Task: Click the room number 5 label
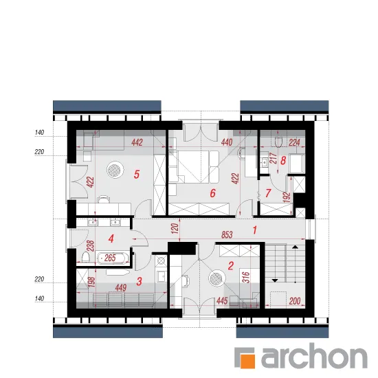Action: pos(137,175)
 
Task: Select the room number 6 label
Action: pos(212,193)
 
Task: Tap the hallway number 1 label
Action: pos(254,230)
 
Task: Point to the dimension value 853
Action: pos(227,234)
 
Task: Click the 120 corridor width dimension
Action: pos(175,228)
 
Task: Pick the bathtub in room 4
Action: pos(111,258)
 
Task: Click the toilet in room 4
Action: pos(85,258)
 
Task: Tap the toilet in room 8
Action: pos(278,142)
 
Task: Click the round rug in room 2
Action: pos(217,278)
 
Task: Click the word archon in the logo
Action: pos(314,356)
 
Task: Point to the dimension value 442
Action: pos(137,142)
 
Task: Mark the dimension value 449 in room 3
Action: pos(120,288)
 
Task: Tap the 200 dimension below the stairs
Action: pos(295,301)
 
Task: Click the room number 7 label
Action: pos(268,193)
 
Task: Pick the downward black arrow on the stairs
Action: pos(275,280)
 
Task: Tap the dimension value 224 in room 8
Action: pos(294,142)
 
